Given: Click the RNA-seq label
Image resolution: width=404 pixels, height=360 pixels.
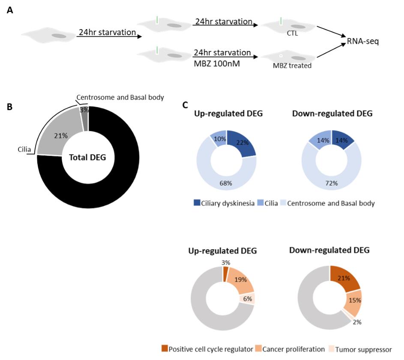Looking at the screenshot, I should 362,42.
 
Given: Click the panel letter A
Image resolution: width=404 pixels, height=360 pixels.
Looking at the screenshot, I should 9,9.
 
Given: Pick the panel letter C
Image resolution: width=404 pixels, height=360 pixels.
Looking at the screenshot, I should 185,104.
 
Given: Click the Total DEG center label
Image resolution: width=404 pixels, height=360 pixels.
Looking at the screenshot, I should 88,157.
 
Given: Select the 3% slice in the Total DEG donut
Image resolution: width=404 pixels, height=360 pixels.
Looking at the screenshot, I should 84,110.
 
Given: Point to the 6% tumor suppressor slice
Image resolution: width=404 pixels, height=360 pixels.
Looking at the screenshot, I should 248,298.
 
